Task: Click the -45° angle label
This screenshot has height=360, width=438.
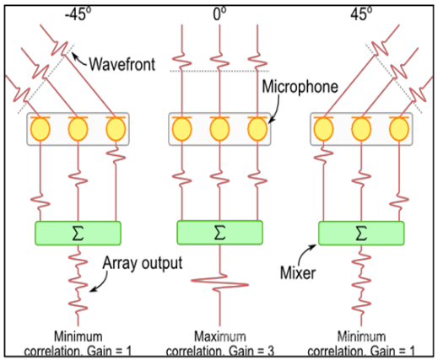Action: click(78, 13)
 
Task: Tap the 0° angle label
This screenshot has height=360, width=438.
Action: click(219, 13)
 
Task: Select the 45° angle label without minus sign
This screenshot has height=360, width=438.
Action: click(361, 13)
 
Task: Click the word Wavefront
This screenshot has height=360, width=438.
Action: click(122, 64)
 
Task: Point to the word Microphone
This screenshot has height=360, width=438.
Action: click(300, 86)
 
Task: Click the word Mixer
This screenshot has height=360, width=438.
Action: click(298, 272)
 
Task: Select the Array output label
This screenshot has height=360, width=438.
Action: click(143, 263)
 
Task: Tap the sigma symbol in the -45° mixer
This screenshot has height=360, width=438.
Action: click(78, 234)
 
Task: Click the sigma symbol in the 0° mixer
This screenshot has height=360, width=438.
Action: click(219, 233)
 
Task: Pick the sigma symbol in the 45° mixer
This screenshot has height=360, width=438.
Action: click(361, 234)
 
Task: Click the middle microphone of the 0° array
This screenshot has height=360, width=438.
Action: click(219, 128)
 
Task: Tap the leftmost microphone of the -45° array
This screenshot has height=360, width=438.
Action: click(41, 128)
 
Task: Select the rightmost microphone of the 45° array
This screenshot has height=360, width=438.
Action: click(399, 128)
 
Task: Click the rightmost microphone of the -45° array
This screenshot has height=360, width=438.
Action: click(116, 128)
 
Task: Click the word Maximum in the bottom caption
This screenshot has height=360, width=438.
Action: click(220, 336)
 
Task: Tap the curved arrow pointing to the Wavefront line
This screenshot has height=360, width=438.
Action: click(79, 60)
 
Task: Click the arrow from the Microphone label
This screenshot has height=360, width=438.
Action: click(276, 109)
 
